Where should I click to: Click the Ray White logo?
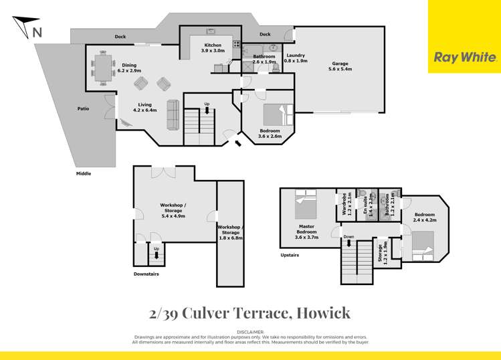pyautogui.click(x=465, y=58)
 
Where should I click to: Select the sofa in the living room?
pyautogui.click(x=173, y=114)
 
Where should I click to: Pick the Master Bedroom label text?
pyautogui.click(x=308, y=231)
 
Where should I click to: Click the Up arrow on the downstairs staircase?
pyautogui.click(x=157, y=252)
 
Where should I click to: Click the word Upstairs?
pyautogui.click(x=290, y=255)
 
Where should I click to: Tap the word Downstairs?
pyautogui.click(x=146, y=273)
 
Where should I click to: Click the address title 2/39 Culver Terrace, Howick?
pyautogui.click(x=250, y=312)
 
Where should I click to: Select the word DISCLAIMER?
pyautogui.click(x=250, y=331)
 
